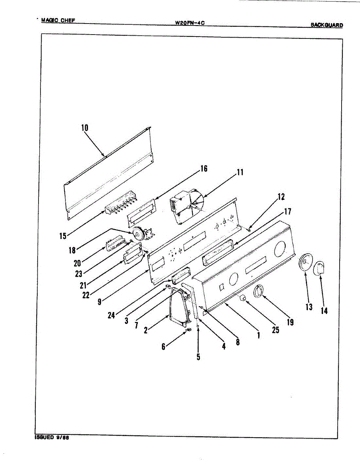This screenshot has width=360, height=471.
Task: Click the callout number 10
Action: pyautogui.click(x=85, y=128)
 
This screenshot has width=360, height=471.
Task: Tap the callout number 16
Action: pyautogui.click(x=203, y=169)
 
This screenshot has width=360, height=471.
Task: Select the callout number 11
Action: pyautogui.click(x=240, y=172)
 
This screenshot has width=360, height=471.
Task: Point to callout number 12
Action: pyautogui.click(x=281, y=197)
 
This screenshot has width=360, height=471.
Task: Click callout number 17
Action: pyautogui.click(x=288, y=212)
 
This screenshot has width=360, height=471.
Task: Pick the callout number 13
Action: pyautogui.click(x=309, y=307)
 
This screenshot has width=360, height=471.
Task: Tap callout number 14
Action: pyautogui.click(x=324, y=311)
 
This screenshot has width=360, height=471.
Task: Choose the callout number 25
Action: pyautogui.click(x=276, y=330)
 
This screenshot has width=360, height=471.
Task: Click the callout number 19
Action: pyautogui.click(x=290, y=322)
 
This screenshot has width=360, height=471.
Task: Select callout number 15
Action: pyautogui.click(x=63, y=236)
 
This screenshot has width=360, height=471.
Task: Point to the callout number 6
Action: pyautogui.click(x=163, y=347)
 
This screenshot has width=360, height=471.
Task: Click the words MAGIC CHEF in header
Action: pyautogui.click(x=60, y=20)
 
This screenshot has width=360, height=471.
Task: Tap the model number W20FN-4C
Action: pyautogui.click(x=190, y=23)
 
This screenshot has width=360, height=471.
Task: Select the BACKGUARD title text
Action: pyautogui.click(x=327, y=25)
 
